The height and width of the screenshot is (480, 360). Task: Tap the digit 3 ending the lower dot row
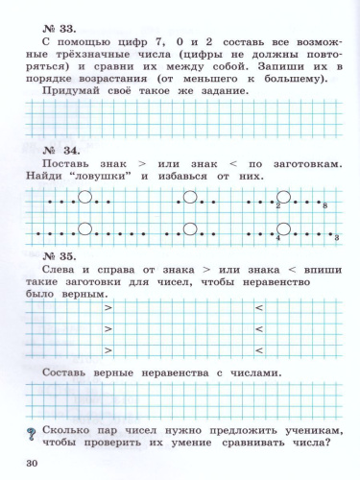click(x=336, y=237)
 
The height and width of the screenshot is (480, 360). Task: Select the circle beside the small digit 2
click(x=285, y=199)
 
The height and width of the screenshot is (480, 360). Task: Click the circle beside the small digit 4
click(x=285, y=229)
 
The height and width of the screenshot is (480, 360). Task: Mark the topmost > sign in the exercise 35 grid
click(x=108, y=307)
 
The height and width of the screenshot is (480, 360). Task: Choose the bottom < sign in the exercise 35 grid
click(x=258, y=350)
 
